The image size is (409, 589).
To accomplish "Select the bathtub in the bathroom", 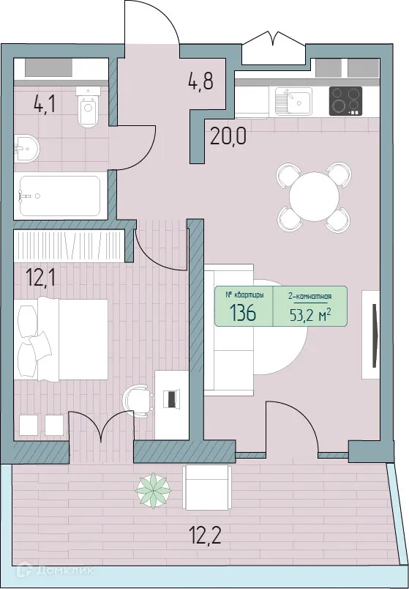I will (59, 196).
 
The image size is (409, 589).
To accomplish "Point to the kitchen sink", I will (293, 101).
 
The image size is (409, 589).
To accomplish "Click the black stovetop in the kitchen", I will (346, 101).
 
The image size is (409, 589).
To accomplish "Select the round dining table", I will (312, 196).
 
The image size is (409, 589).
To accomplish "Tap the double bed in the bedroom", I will (61, 339).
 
